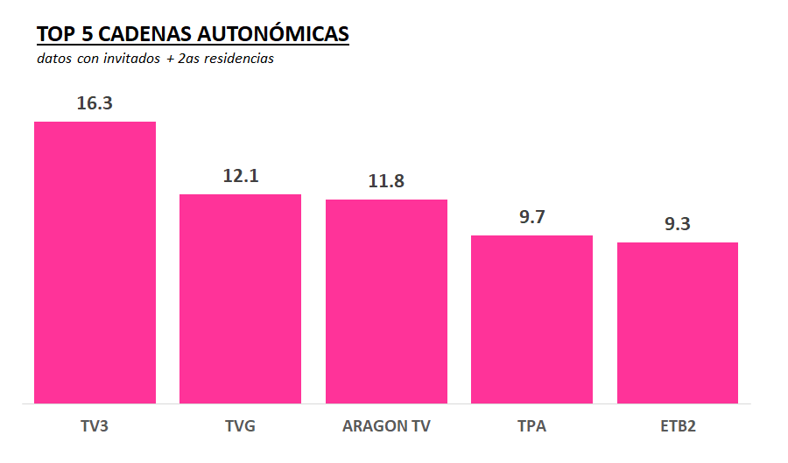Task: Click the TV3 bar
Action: pos(95,263)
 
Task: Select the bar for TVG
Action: pos(240,298)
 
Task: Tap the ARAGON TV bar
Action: pos(386,301)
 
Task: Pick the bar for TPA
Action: pos(531,319)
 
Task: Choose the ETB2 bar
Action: pos(677,323)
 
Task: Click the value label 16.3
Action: pos(95,103)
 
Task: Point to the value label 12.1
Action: pos(240,175)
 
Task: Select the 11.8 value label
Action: pos(386,181)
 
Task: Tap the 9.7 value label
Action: pos(531,217)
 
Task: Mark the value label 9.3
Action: pos(677,224)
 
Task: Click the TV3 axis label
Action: pos(95,427)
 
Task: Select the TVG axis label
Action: pos(240,427)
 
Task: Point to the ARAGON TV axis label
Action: pos(386,427)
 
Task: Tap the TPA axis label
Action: pos(531,427)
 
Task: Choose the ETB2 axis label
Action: pos(677,427)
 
